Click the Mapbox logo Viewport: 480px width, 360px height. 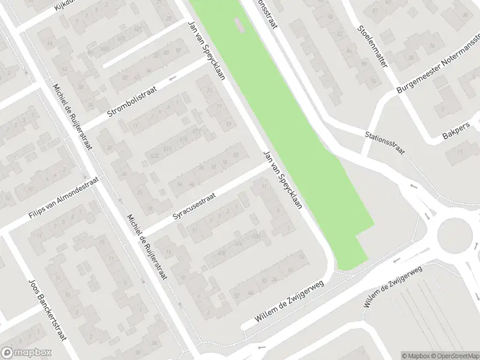coord(26,353)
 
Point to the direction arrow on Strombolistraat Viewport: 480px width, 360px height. coord(173,79)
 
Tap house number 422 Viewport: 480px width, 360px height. coord(154,156)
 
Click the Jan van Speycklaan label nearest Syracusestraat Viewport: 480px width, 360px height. coord(281,181)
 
